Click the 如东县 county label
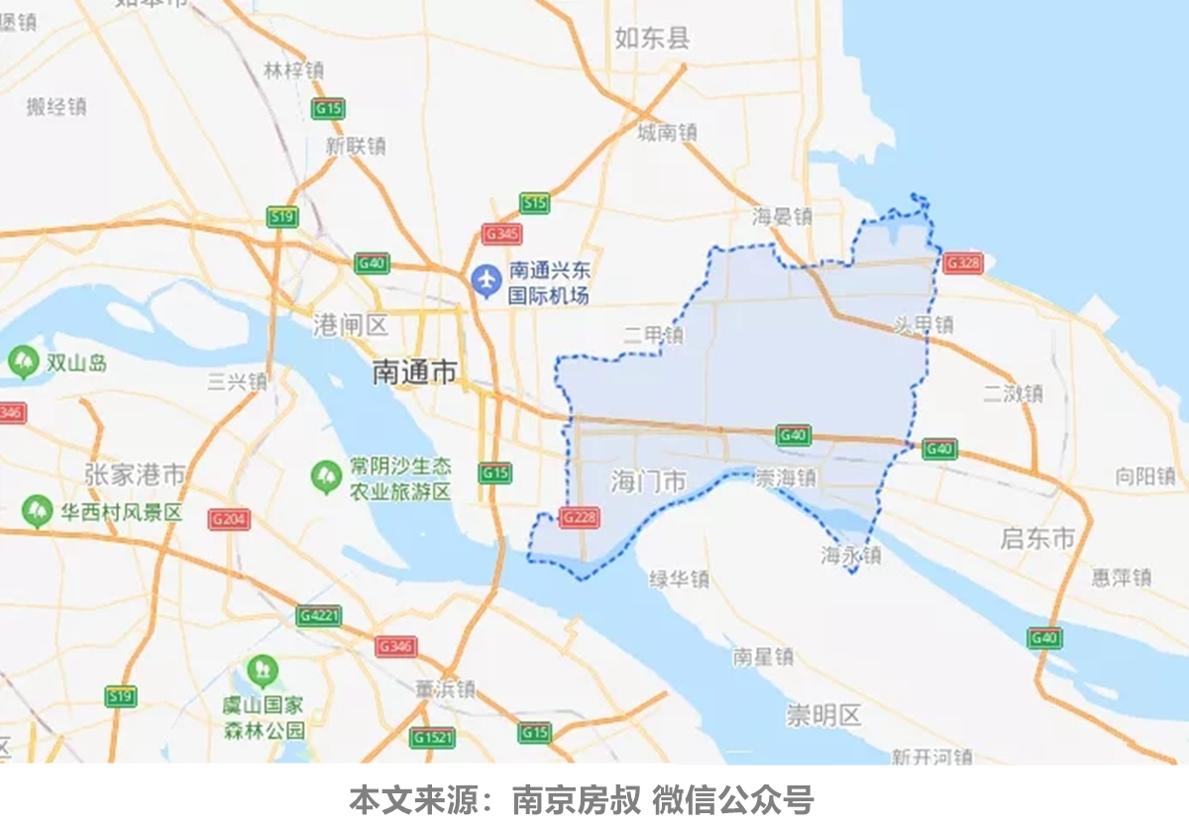(x=651, y=39)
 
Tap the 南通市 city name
(x=414, y=372)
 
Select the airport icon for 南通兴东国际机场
(x=486, y=281)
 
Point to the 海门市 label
(x=648, y=482)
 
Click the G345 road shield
(x=501, y=235)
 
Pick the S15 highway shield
(x=534, y=203)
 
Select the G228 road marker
(x=578, y=517)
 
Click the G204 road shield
(x=230, y=518)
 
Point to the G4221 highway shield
(x=319, y=615)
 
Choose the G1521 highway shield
(x=433, y=738)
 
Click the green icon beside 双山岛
(x=22, y=363)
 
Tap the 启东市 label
(x=1037, y=539)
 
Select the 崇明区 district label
(x=824, y=715)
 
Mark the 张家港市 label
(x=135, y=475)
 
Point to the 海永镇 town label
(x=851, y=556)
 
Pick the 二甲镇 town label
(x=653, y=336)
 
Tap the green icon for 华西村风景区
(x=38, y=512)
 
